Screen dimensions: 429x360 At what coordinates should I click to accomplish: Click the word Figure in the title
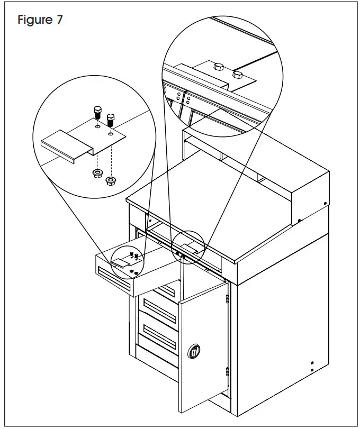(35, 21)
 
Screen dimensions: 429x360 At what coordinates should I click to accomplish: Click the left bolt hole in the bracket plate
(97, 127)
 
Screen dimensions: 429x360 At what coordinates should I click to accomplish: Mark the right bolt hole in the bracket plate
(111, 134)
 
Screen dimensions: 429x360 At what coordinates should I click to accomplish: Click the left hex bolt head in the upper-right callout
(218, 67)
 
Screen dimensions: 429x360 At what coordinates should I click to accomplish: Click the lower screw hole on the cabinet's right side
(312, 370)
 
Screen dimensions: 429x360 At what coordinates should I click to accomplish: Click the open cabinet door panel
(204, 349)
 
